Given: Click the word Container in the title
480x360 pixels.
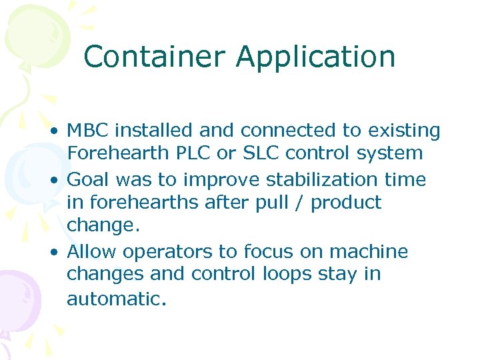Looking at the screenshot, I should [155, 57].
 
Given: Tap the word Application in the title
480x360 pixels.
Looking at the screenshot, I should [315, 58].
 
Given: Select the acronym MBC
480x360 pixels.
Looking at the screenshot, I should [88, 131].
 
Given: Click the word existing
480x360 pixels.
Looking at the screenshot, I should [399, 131].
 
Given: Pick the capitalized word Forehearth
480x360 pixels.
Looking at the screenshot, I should [121, 153].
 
